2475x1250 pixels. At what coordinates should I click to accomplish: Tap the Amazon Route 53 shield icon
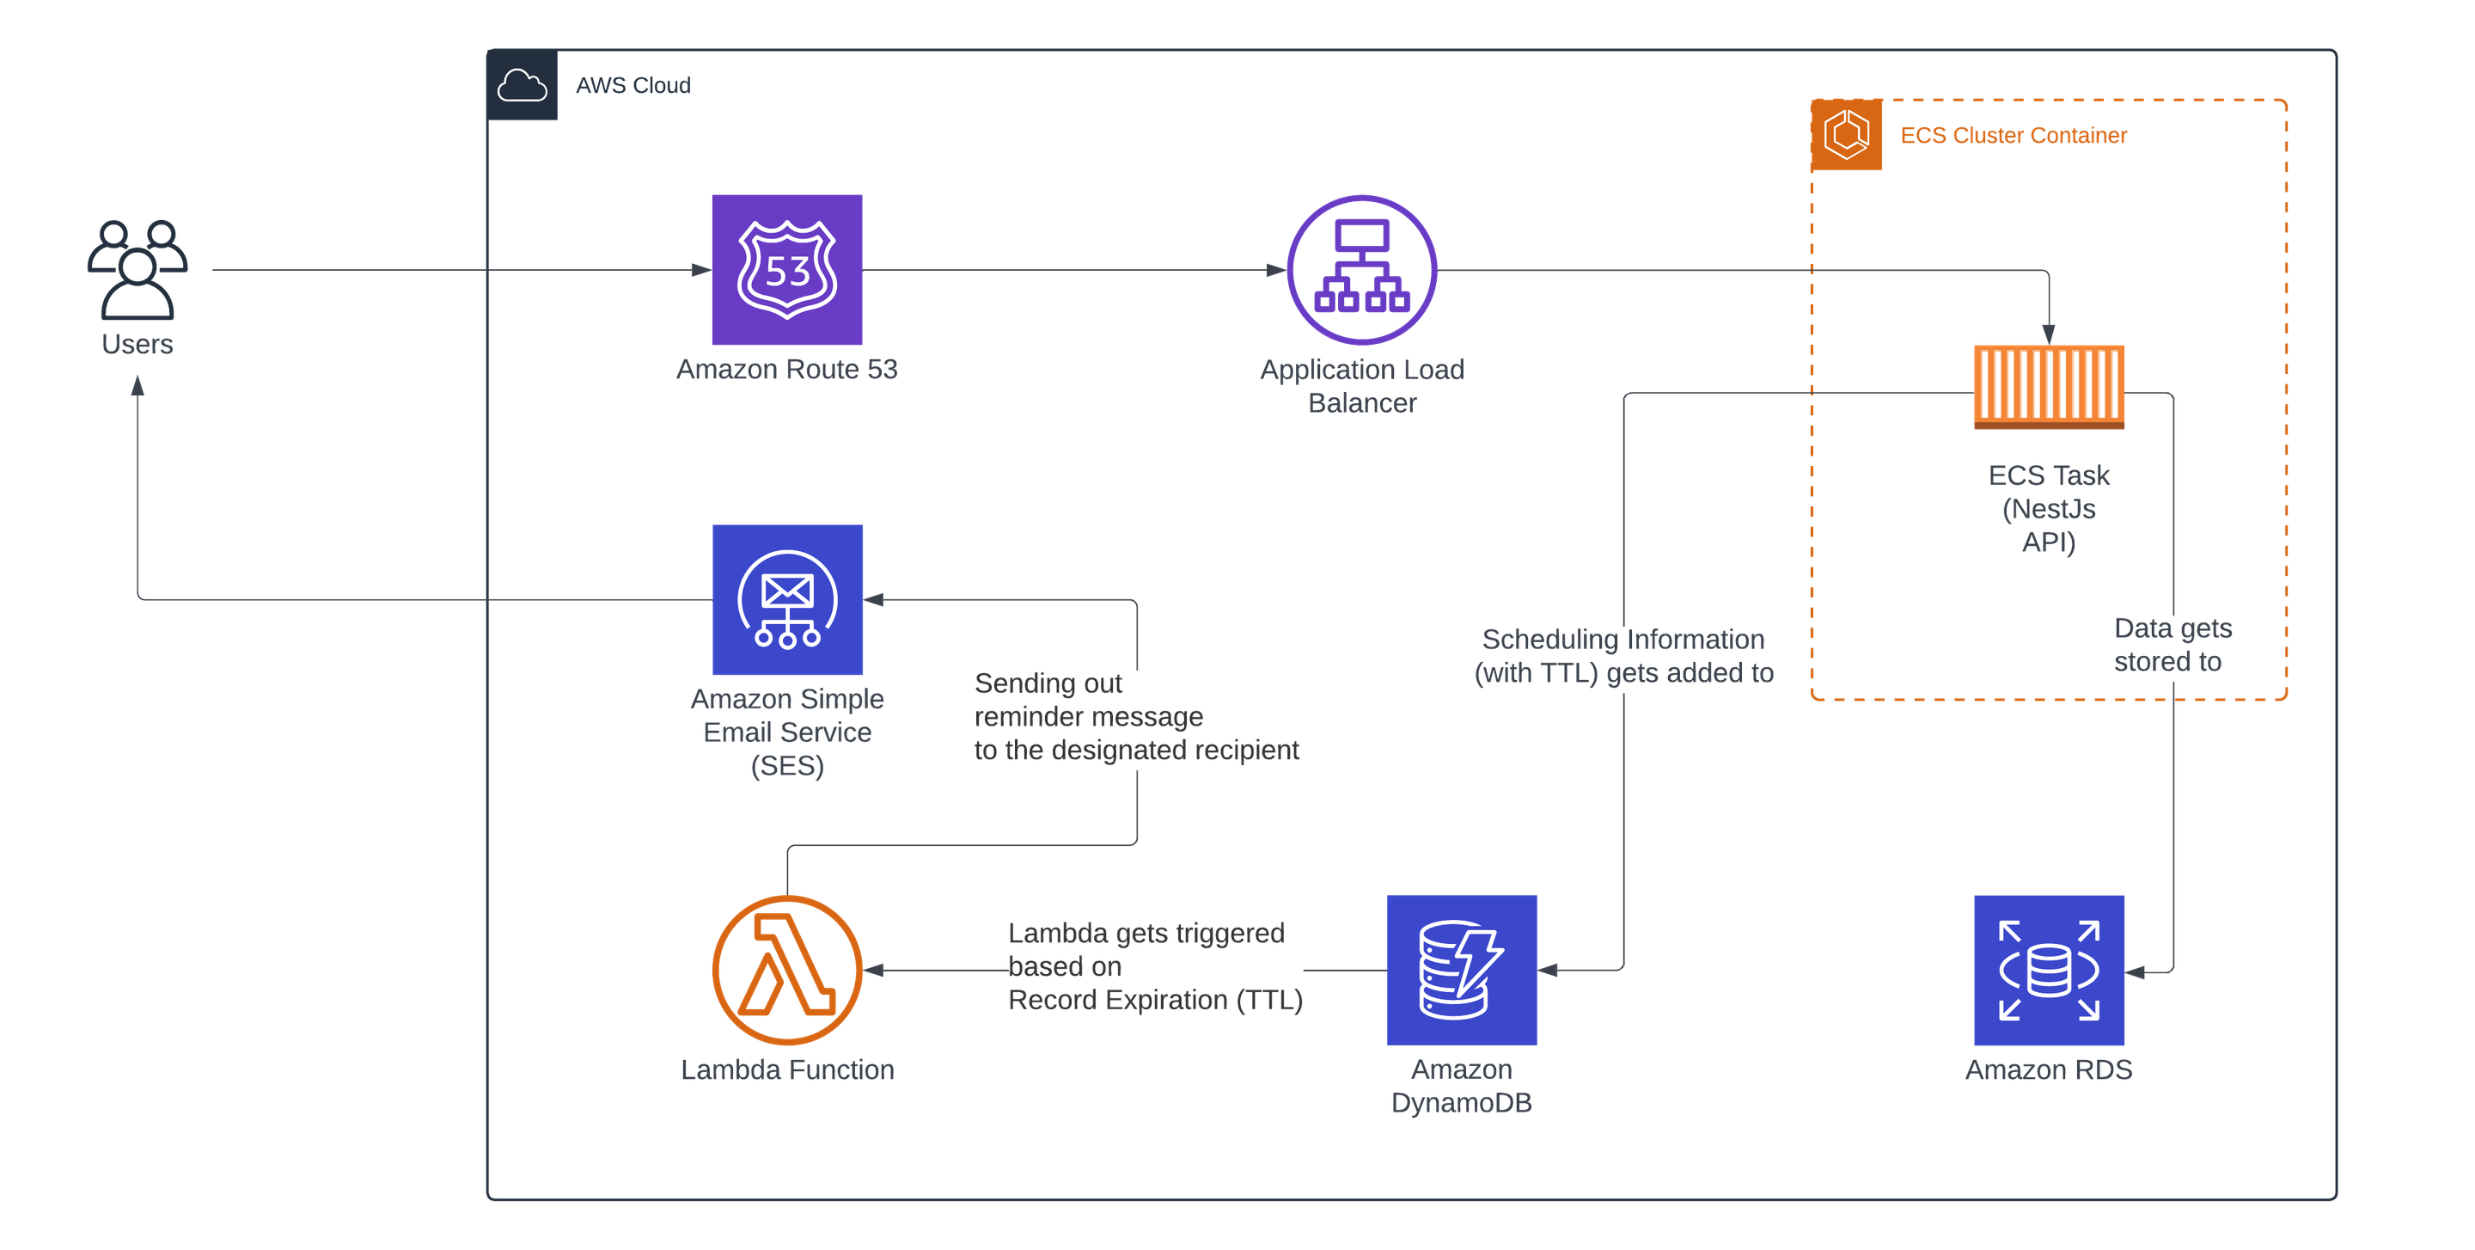787,269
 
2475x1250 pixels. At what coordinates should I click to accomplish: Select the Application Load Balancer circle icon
1361,269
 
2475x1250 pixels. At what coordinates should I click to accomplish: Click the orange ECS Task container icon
2049,386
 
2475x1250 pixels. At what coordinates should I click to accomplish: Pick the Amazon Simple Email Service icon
788,599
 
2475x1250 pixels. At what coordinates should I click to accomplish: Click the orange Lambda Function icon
787,970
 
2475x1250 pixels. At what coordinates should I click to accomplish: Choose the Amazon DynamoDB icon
1460,970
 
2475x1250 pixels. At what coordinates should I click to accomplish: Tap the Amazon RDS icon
2049,970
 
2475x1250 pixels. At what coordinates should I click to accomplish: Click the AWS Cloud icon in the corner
522,85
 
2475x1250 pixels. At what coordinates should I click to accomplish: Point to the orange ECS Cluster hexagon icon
1847,134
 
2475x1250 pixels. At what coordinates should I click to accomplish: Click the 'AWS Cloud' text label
633,85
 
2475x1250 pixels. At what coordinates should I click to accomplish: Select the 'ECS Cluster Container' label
2014,136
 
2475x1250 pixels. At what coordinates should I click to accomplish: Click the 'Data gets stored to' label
2171,645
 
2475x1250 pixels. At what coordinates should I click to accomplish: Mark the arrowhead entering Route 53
702,270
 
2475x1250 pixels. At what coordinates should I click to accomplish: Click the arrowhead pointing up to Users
137,386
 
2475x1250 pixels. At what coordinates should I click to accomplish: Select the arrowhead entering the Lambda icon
874,971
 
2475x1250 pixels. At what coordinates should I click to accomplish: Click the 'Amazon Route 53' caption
787,369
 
